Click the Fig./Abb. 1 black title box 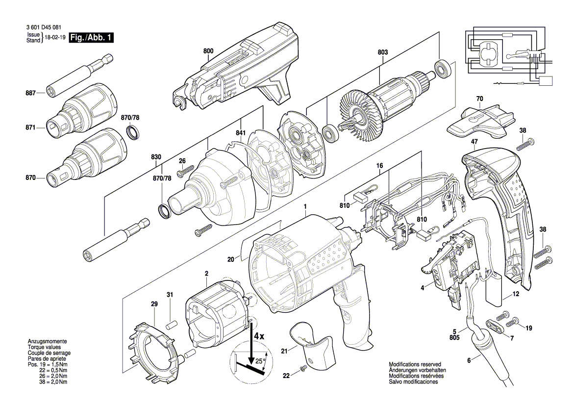91,38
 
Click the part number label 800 208,51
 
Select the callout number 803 383,52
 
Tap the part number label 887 31,93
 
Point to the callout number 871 31,127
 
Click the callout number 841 241,133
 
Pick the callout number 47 474,142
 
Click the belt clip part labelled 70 481,122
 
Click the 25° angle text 260,361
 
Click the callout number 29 154,304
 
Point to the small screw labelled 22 302,370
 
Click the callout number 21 284,351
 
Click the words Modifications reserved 415,364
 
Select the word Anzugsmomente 47,341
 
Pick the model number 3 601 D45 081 44,27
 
